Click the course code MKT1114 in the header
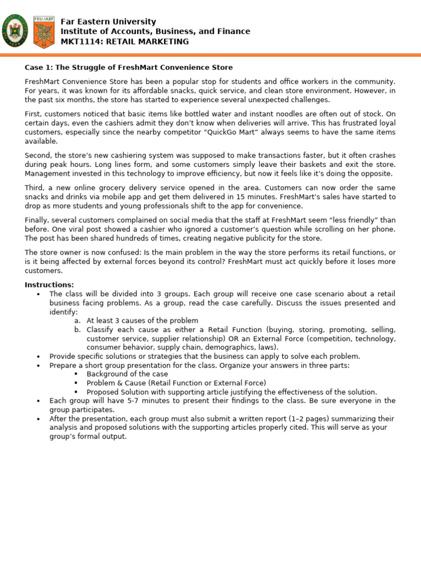pos(79,42)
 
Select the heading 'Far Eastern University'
pos(108,22)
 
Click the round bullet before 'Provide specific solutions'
pos(38,356)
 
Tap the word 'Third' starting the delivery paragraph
pos(34,188)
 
